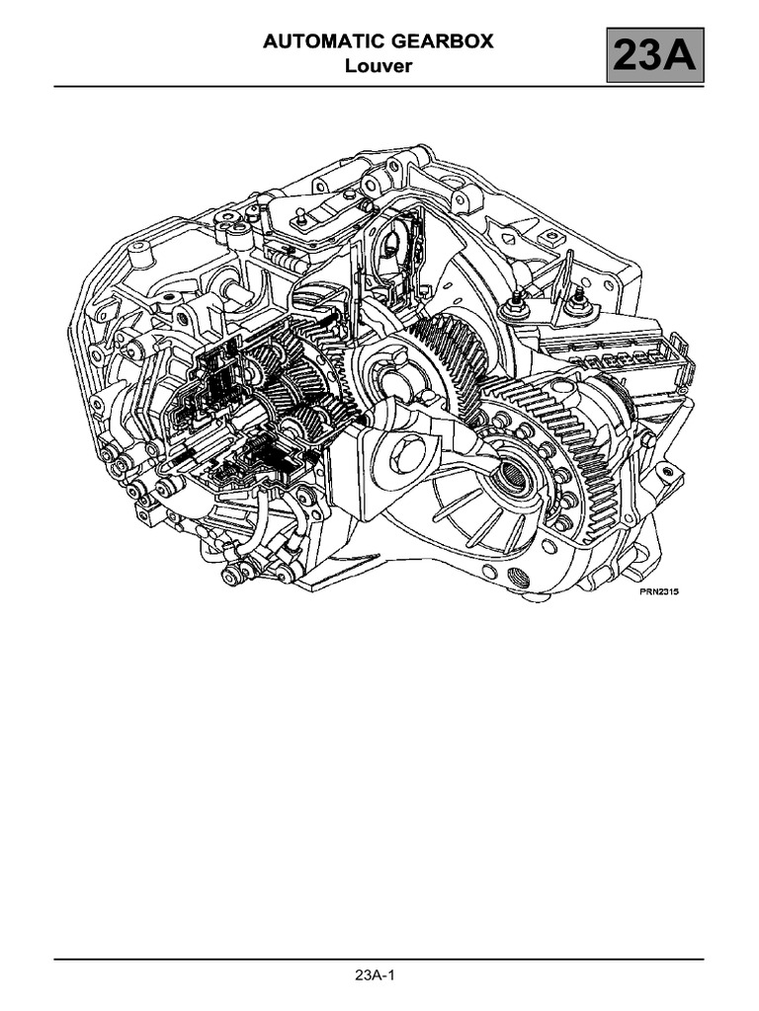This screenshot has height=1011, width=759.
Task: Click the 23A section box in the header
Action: point(654,55)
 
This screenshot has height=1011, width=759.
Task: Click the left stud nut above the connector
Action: point(517,307)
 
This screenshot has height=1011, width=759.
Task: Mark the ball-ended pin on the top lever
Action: point(297,213)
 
